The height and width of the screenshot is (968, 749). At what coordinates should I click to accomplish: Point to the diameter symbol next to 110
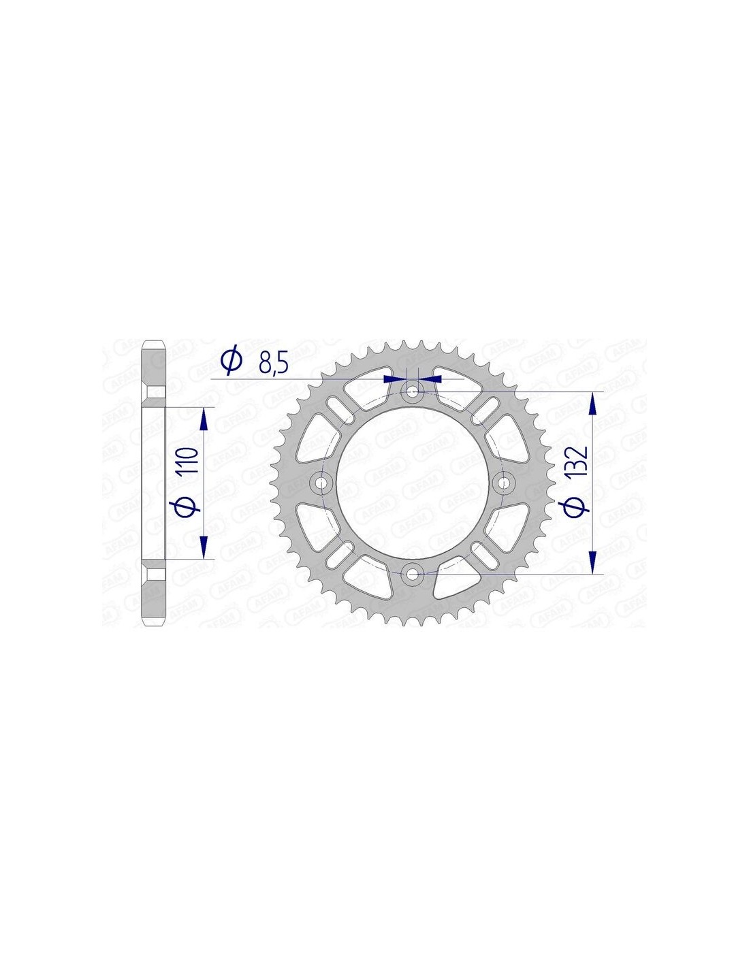187,506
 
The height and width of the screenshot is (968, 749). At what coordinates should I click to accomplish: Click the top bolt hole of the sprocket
413,391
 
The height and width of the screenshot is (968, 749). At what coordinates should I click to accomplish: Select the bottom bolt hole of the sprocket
413,575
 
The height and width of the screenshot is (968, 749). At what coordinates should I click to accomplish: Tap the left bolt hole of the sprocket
321,483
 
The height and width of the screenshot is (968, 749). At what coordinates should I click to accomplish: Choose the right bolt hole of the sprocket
504,483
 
